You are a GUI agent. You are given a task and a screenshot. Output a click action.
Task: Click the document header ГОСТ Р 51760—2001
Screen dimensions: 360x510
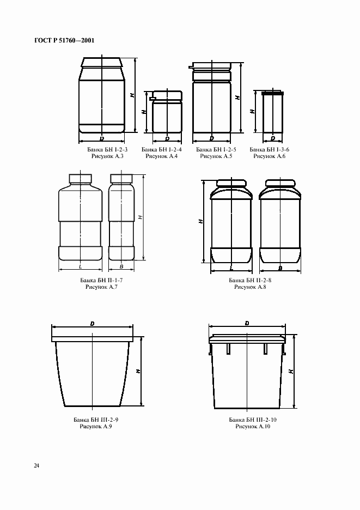pos(64,40)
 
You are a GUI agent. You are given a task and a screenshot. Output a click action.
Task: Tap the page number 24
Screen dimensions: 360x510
pos(36,466)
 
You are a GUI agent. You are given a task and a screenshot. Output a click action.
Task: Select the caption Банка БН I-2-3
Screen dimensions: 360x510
pos(107,150)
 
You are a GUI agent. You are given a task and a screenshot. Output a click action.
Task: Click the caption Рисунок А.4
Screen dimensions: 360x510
pos(162,156)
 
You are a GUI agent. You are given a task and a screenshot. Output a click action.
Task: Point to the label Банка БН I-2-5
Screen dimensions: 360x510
pos(216,150)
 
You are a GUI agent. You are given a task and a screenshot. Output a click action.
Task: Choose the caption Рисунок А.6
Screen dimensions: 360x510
pos(269,156)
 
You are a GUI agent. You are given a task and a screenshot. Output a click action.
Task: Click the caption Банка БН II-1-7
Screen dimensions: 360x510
pos(101,280)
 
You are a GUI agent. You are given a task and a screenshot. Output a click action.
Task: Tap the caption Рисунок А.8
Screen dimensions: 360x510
pos(250,287)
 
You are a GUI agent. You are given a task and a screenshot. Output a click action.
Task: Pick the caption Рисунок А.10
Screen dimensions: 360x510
pos(253,427)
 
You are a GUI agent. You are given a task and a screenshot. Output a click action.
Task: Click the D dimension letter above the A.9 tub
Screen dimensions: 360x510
pos(93,324)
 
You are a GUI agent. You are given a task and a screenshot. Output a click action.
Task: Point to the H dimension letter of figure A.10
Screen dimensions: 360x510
pos(291,371)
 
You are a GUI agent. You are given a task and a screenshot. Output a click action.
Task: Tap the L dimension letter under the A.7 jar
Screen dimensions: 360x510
pos(80,267)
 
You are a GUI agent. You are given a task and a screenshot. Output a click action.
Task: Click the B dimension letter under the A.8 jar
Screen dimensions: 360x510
pos(280,268)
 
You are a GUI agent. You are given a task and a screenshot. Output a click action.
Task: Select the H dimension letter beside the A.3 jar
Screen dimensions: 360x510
pos(132,95)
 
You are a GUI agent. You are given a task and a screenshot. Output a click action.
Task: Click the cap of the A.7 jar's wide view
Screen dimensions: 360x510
pos(80,179)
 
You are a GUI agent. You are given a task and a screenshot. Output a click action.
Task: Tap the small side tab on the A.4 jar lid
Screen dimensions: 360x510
pos(151,98)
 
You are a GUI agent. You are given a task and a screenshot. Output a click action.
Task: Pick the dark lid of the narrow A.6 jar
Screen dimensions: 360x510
pos(272,93)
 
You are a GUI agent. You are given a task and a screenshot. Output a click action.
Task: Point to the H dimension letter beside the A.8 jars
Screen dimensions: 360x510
pos(200,221)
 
